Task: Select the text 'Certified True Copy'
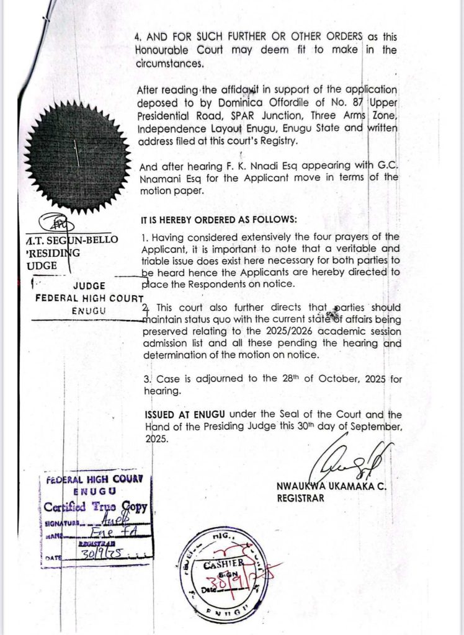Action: tap(96, 507)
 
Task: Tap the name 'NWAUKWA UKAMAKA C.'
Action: tap(331, 487)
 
